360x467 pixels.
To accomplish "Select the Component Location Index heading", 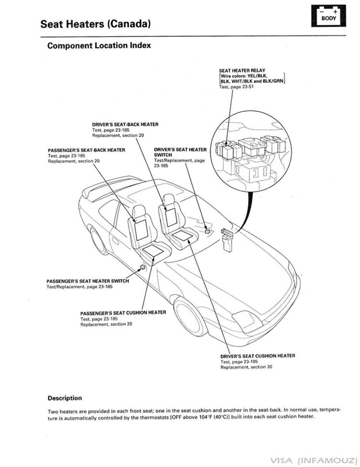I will (x=99, y=46).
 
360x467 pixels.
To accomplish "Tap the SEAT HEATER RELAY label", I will (x=242, y=71).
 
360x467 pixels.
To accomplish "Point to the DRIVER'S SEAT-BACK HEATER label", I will (x=125, y=124).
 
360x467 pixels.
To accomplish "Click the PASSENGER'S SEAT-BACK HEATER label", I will (x=87, y=150).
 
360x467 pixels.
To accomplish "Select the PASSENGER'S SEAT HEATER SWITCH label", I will (x=87, y=281).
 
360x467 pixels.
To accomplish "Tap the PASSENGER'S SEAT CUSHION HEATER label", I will (x=123, y=313).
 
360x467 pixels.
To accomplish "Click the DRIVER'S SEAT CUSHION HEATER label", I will (x=257, y=356).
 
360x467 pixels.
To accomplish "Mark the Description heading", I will (x=65, y=398).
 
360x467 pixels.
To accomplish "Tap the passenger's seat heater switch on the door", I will (x=142, y=267).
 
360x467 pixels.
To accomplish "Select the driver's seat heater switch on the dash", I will (x=207, y=230).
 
